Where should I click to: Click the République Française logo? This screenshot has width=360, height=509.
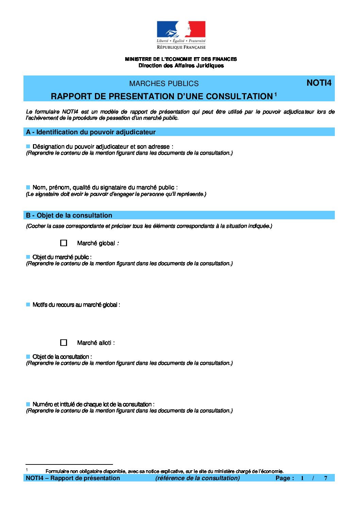(x=181, y=35)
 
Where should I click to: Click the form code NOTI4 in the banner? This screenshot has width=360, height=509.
(x=319, y=83)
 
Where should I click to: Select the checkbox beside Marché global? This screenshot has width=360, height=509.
(x=64, y=243)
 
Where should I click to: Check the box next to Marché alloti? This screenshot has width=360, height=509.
(x=64, y=343)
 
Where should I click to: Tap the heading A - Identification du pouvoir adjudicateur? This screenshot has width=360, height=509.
(x=91, y=132)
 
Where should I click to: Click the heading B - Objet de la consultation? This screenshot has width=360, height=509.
(x=69, y=216)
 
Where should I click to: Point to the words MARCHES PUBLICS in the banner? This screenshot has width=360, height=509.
(x=164, y=84)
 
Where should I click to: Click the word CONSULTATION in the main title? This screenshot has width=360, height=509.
(x=239, y=97)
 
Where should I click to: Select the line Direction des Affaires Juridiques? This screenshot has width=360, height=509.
(x=181, y=66)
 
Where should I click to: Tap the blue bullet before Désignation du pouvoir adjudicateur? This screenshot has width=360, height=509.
(x=28, y=147)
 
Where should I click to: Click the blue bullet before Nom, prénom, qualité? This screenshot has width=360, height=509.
(x=28, y=187)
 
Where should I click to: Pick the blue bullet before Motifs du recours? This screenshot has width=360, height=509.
(x=28, y=305)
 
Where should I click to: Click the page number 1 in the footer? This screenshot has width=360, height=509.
(x=302, y=478)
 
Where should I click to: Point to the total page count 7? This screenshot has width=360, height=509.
(x=326, y=478)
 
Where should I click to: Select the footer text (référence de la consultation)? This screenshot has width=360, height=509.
(x=197, y=478)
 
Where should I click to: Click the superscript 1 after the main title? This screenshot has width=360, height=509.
(x=276, y=94)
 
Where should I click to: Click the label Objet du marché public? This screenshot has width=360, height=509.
(x=62, y=257)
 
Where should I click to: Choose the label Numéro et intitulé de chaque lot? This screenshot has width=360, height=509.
(x=93, y=404)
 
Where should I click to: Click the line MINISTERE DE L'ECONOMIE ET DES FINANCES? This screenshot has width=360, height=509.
(x=181, y=59)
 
